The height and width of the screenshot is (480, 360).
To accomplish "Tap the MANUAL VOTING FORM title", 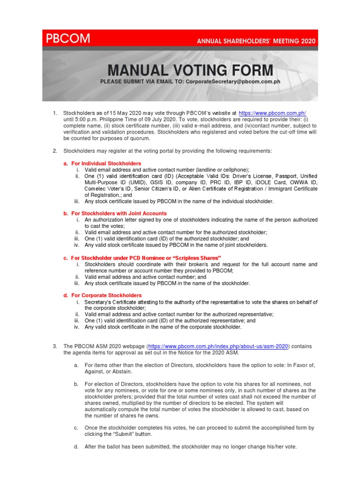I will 190,70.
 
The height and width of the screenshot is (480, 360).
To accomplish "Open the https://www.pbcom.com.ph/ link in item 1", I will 272,113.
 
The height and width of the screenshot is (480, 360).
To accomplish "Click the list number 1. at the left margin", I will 55,113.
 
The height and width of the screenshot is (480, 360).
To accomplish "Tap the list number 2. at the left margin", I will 55,150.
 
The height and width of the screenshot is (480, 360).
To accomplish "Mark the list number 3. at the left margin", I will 55,346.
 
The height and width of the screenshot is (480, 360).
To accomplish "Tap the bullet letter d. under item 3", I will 76,447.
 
